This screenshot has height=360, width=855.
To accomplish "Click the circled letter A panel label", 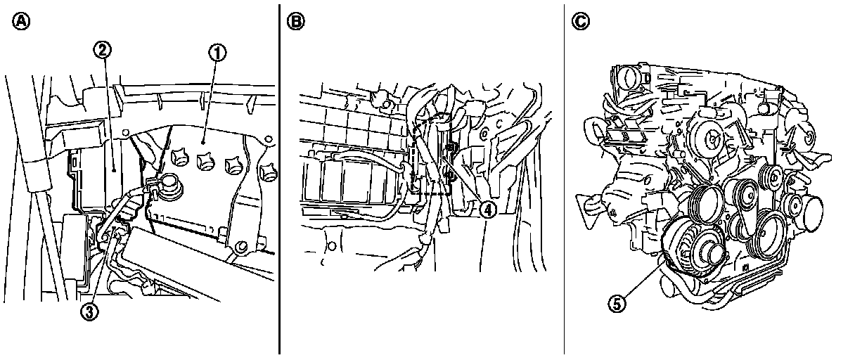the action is (x=21, y=21).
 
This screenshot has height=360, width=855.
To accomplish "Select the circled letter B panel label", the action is (x=295, y=21).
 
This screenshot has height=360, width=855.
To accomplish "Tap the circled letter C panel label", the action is (x=580, y=21).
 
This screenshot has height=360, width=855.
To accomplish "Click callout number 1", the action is (x=217, y=53).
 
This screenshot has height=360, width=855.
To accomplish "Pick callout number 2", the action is (x=102, y=50).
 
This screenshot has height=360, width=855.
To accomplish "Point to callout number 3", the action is (x=89, y=312).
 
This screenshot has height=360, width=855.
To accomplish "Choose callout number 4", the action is (x=487, y=210).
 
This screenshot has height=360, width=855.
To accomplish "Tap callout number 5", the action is (x=617, y=304).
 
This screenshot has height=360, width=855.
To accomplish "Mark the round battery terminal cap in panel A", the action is (x=171, y=186).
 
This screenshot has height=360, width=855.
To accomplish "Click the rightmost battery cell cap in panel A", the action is (x=268, y=171).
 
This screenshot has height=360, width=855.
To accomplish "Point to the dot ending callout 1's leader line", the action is (x=202, y=142).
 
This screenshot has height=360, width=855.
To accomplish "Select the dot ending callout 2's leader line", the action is (x=114, y=167).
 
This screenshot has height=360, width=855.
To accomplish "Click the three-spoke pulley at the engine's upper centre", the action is (x=712, y=139).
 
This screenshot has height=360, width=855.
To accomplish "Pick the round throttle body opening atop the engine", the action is (x=627, y=78).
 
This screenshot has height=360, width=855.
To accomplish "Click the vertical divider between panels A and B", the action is (x=279, y=179).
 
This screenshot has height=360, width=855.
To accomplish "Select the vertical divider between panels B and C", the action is (x=564, y=179).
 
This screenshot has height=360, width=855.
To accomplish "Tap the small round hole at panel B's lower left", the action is (x=332, y=246).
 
